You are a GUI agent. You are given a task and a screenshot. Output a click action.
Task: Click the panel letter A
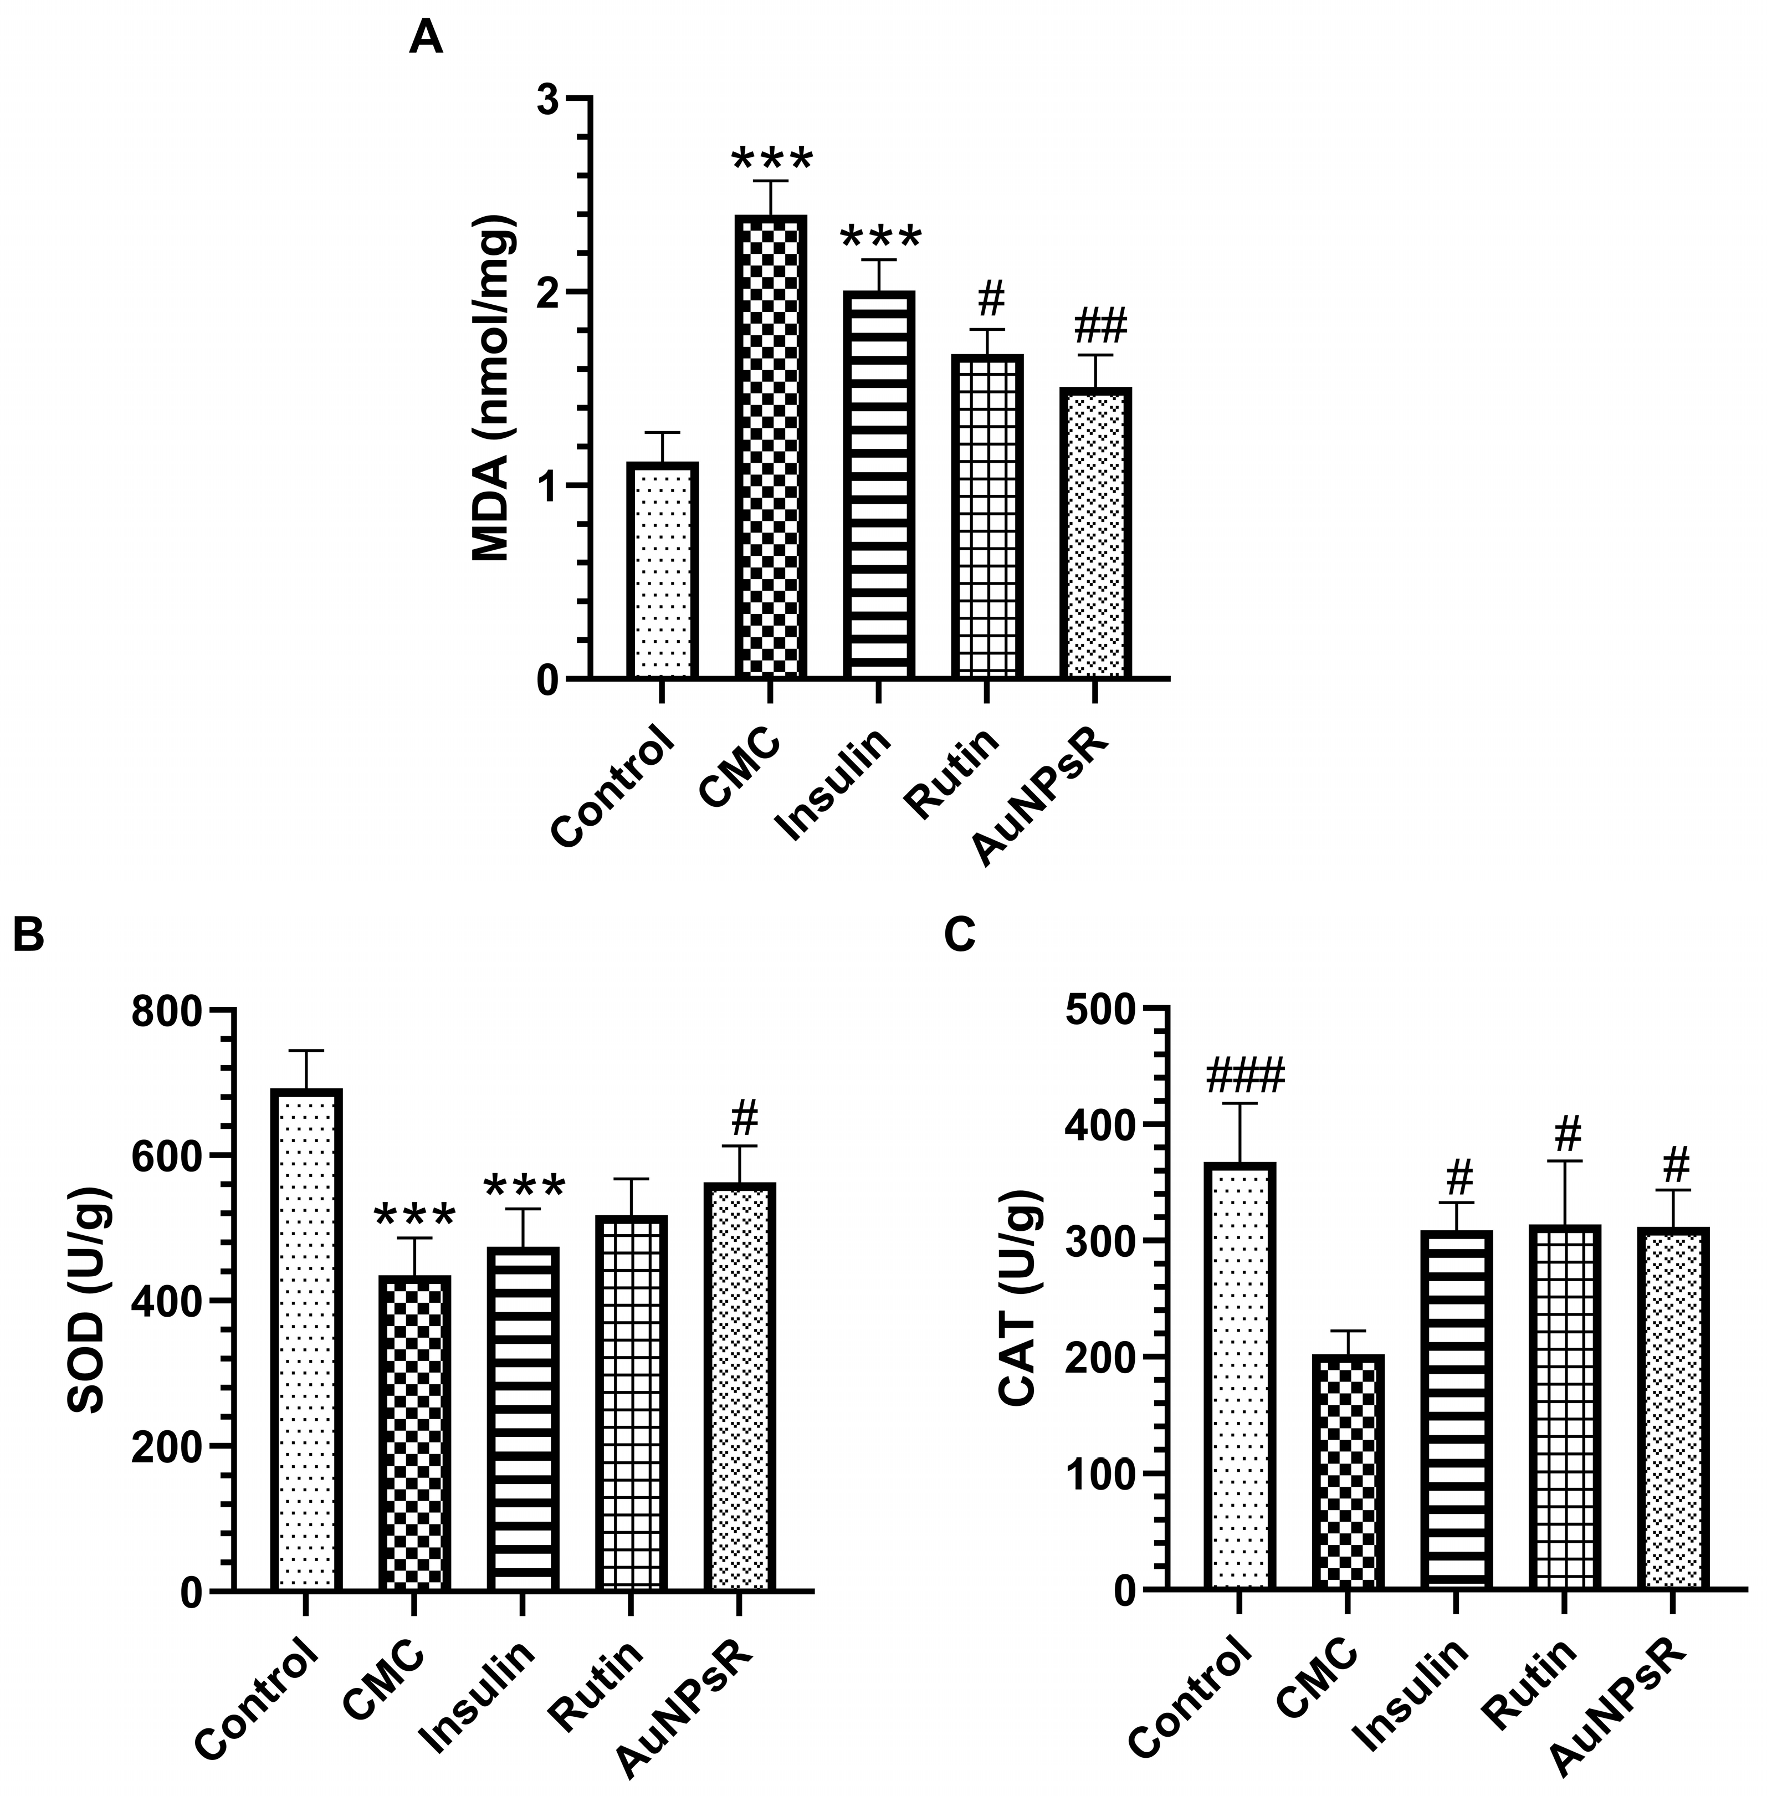426,39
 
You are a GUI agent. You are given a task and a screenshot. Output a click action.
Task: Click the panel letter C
961,935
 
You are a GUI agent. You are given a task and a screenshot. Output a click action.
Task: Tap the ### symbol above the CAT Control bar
1244,1077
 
